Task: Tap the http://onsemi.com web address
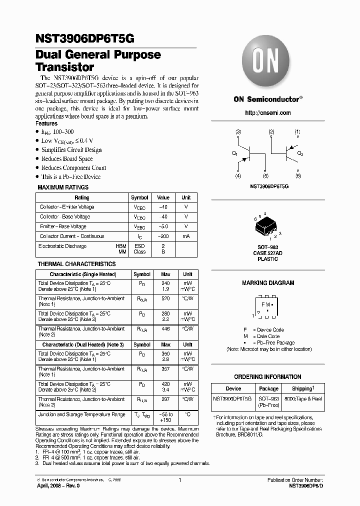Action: tap(268, 113)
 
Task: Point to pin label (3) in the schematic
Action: tap(238, 132)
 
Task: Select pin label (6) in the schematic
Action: tap(298, 176)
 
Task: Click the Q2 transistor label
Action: tap(300, 153)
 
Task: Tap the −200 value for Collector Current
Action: tap(163, 236)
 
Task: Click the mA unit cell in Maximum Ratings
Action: tap(185, 236)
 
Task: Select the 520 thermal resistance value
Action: tap(165, 298)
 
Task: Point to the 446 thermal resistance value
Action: tap(165, 329)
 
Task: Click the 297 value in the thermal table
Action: tap(165, 399)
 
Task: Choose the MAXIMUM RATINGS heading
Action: tap(63, 187)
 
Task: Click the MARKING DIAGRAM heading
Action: tap(268, 283)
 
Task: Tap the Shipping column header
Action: tap(302, 388)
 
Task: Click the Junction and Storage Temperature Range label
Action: tap(81, 414)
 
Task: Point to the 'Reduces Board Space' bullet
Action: tap(67, 159)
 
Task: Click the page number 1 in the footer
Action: tap(179, 480)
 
